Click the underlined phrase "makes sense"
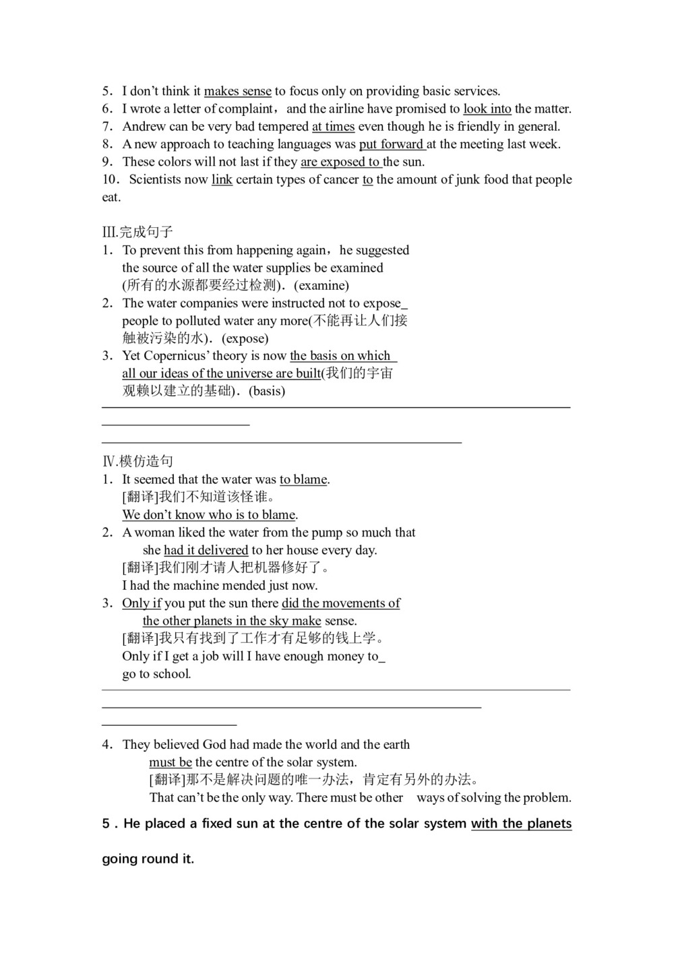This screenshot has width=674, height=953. (x=237, y=91)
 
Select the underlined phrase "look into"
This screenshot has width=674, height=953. (x=487, y=109)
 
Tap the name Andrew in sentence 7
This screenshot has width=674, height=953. (x=144, y=126)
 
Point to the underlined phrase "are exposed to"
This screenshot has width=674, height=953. (x=340, y=162)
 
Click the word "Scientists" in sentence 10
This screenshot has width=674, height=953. (x=168, y=179)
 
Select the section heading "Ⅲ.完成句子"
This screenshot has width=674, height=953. (x=137, y=232)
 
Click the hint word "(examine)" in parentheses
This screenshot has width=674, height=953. (x=321, y=285)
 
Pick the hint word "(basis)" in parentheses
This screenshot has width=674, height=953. (x=267, y=391)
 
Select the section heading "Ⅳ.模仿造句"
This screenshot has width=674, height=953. (x=137, y=461)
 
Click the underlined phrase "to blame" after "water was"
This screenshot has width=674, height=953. (x=303, y=479)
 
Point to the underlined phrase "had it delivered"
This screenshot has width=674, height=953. (x=206, y=550)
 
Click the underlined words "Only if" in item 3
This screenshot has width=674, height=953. (x=142, y=603)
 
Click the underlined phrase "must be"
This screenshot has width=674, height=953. (x=171, y=762)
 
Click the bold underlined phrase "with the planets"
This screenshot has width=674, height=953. (x=521, y=824)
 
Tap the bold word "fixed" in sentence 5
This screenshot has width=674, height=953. (x=219, y=824)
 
